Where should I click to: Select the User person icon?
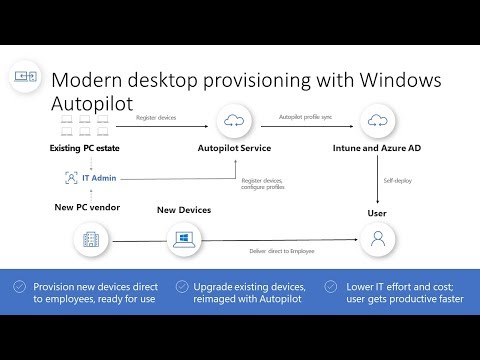pos(377,238)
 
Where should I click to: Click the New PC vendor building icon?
pos(85,238)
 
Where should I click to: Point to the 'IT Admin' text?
pos(95,178)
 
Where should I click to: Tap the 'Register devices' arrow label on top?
pos(156,118)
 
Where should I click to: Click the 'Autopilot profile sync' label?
pos(306,118)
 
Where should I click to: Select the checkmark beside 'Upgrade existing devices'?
pos(182,286)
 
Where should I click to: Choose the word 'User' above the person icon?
pos(377,213)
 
